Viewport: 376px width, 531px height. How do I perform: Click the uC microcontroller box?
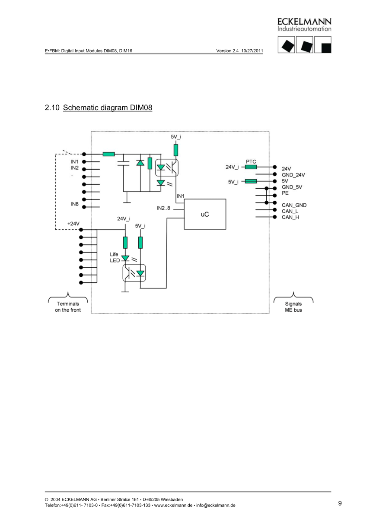pyautogui.click(x=205, y=214)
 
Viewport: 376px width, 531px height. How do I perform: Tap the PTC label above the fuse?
pyautogui.click(x=251, y=161)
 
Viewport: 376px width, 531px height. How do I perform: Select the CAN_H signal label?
pyautogui.click(x=290, y=217)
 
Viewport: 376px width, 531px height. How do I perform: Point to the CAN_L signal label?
pyautogui.click(x=290, y=211)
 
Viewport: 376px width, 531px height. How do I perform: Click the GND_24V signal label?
pyautogui.click(x=293, y=175)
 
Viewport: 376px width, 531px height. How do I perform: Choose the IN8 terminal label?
pyautogui.click(x=75, y=204)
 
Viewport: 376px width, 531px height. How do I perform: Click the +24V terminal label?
pyautogui.click(x=73, y=224)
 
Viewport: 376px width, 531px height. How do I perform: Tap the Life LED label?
pyautogui.click(x=114, y=257)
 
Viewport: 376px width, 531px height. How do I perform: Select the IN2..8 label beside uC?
pyautogui.click(x=164, y=208)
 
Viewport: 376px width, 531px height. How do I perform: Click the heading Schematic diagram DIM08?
pyautogui.click(x=107, y=107)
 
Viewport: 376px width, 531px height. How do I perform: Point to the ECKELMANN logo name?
pyautogui.click(x=304, y=21)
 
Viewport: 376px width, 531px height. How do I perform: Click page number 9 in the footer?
pyautogui.click(x=340, y=503)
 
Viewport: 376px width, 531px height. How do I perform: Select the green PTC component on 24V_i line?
pyautogui.click(x=251, y=167)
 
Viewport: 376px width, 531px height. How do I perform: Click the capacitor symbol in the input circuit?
pyautogui.click(x=124, y=163)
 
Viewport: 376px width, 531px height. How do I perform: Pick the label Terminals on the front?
pyautogui.click(x=67, y=307)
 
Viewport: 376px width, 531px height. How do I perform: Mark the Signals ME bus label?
pyautogui.click(x=293, y=307)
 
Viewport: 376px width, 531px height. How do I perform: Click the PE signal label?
pyautogui.click(x=285, y=193)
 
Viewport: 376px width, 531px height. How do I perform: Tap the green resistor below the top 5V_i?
pyautogui.click(x=176, y=150)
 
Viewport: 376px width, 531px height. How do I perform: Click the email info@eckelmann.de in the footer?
pyautogui.click(x=216, y=505)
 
